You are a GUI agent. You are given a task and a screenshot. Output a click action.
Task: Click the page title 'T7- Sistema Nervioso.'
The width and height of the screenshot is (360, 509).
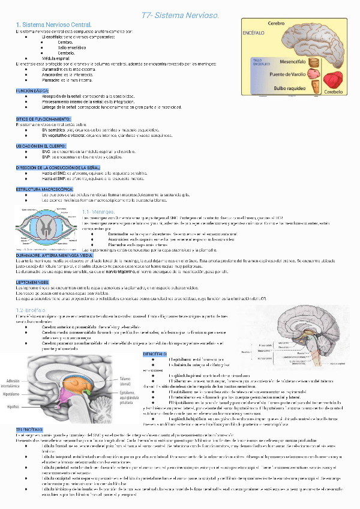click(180, 14)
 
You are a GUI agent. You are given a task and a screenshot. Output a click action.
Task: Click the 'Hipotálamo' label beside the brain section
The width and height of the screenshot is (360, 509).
click(13, 394)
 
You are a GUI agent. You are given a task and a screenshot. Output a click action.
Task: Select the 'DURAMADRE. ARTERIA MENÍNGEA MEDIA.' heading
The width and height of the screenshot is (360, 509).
click(57, 254)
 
